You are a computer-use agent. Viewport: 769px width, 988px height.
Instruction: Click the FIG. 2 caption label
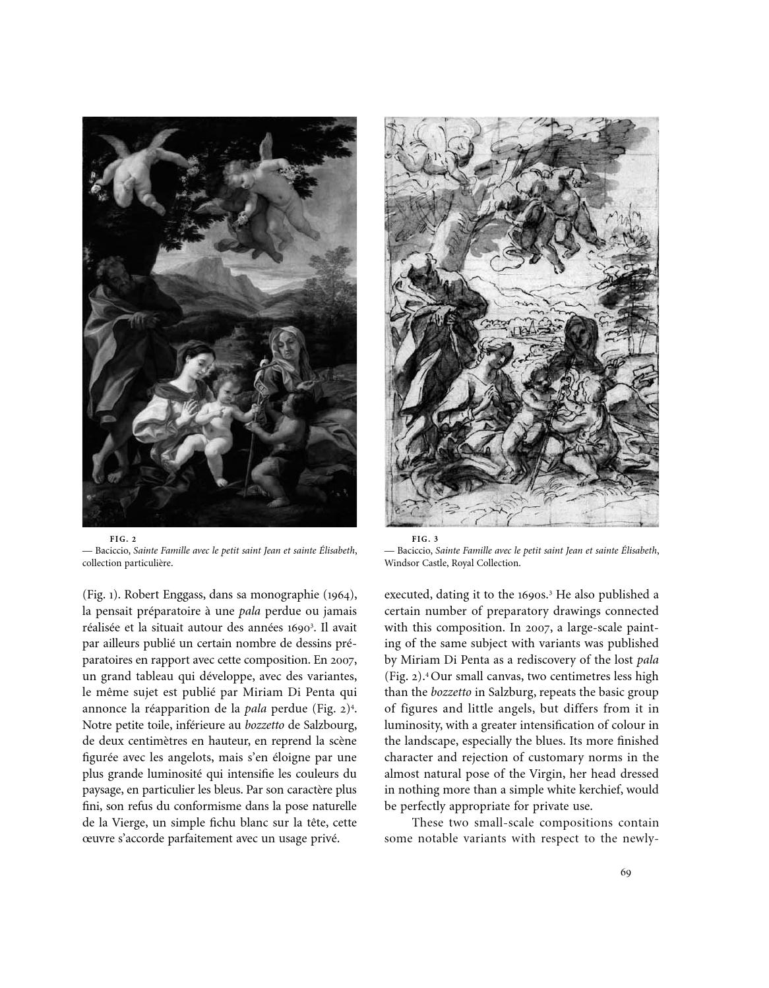[x=123, y=538]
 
